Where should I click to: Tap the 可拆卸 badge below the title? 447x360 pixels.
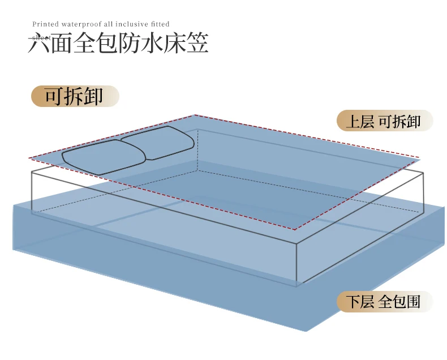75,96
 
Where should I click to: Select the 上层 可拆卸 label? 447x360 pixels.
384,121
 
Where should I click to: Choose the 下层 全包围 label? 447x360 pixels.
384,302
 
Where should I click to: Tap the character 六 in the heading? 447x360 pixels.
39,44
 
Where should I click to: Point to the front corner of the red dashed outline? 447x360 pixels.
295,229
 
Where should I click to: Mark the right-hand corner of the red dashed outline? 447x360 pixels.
420,157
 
